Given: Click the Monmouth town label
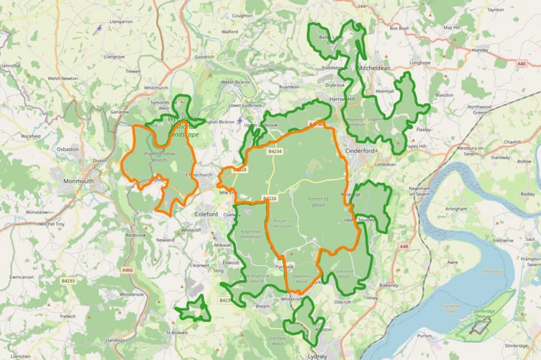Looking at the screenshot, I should (x=79, y=181).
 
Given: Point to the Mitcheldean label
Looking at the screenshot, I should (x=374, y=69).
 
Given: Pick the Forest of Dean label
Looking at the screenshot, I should (x=317, y=202).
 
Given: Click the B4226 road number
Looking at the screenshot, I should (x=269, y=198).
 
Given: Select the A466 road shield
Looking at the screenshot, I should (x=127, y=270).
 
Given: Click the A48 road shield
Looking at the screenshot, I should (x=404, y=247).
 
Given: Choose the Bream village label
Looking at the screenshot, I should (x=262, y=307).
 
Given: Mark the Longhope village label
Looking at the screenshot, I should (x=419, y=63).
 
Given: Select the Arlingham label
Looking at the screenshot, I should (x=456, y=208).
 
